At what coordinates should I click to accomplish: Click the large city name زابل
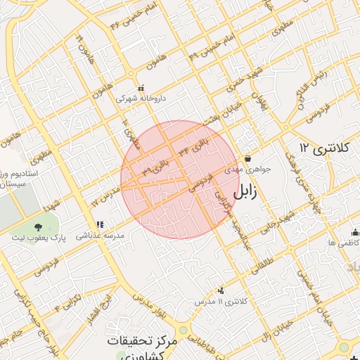(248, 191)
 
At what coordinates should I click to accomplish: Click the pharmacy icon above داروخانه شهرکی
(141, 89)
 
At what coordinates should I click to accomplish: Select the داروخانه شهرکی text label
(141, 99)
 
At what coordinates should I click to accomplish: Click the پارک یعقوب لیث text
(37, 238)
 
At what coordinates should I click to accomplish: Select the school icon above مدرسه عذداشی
(109, 224)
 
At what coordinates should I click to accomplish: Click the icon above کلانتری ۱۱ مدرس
(221, 290)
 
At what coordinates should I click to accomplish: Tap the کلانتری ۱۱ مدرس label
(221, 301)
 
